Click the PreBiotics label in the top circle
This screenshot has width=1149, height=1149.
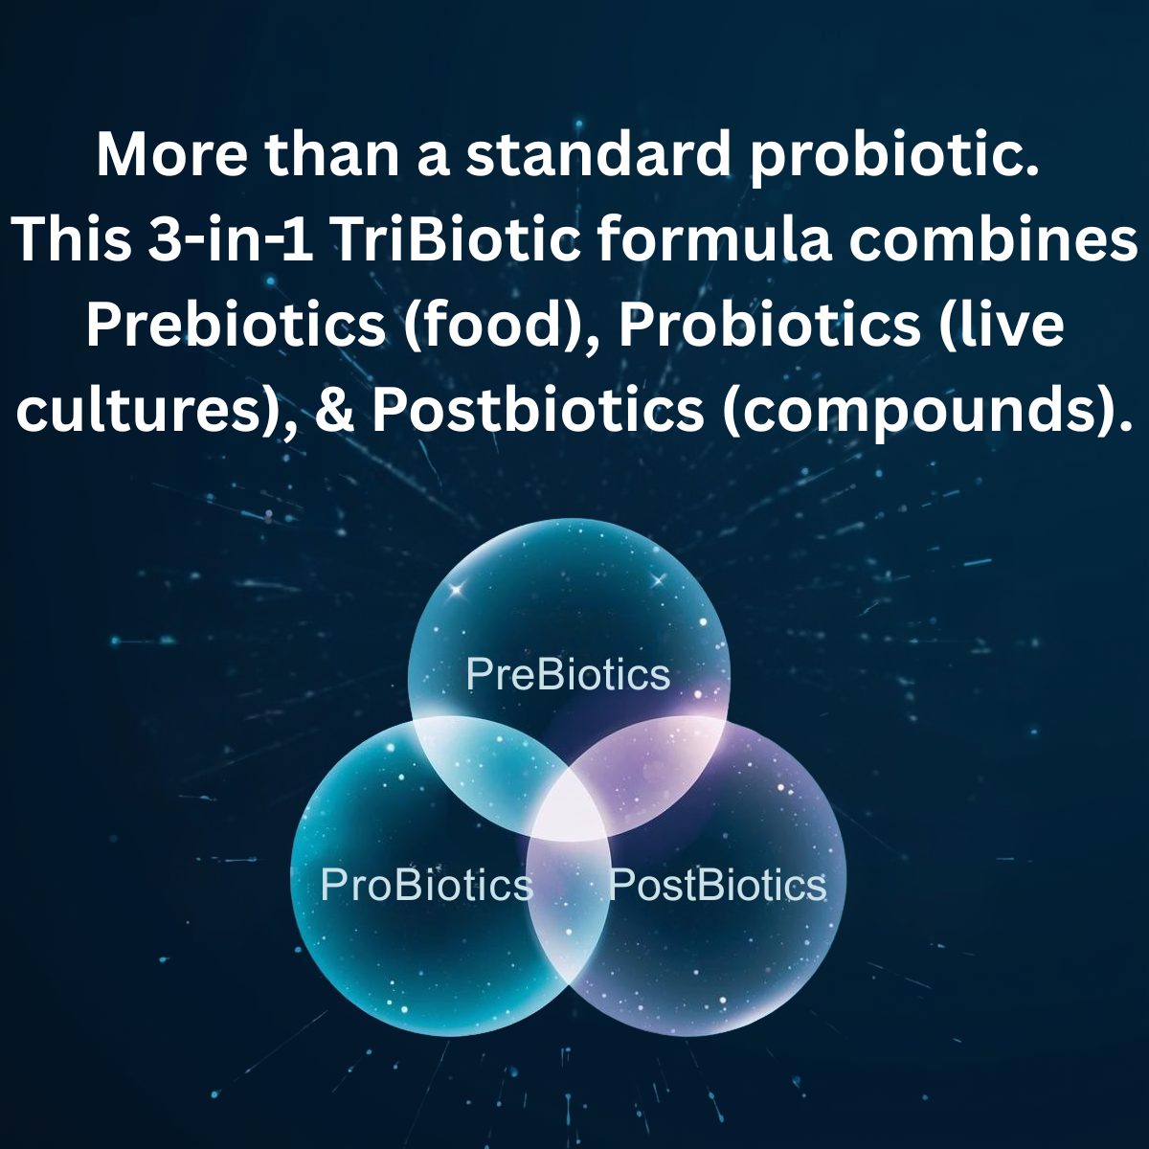(x=568, y=674)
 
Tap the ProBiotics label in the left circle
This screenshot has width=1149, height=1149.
(x=426, y=884)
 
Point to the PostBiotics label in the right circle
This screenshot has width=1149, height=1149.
(x=718, y=884)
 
